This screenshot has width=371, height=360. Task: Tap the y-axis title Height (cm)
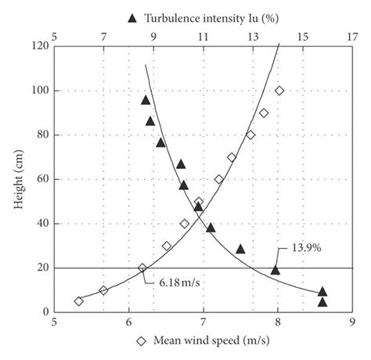[13, 179]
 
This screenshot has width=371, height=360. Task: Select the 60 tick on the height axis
[38, 179]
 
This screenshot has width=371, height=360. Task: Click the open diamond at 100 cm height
[279, 91]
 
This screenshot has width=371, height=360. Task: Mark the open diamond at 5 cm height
[78, 301]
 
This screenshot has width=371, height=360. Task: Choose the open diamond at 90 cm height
[264, 113]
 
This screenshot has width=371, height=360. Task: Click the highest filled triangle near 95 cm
[146, 99]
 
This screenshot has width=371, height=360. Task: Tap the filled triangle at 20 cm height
[276, 269]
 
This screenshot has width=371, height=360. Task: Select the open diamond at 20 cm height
[142, 268]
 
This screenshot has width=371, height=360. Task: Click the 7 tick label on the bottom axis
[203, 322]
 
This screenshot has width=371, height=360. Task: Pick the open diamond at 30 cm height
[167, 246]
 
